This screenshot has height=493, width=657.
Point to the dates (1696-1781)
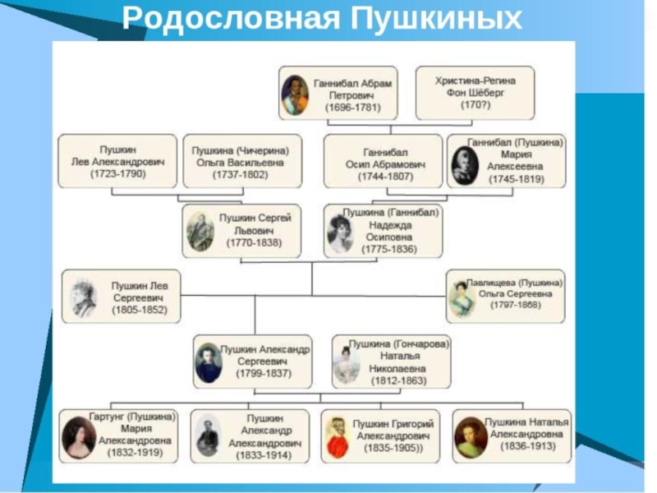348,107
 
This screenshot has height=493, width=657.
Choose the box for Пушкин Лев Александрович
117,161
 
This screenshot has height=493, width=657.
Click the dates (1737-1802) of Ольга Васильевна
241,174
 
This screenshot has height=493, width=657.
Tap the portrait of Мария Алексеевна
466,164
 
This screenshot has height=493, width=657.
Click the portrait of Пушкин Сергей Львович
200,231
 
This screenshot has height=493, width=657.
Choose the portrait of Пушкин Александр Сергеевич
209,362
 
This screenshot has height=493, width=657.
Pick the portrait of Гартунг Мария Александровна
79,435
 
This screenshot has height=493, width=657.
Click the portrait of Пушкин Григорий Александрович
337,435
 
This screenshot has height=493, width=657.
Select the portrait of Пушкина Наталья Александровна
470,435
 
